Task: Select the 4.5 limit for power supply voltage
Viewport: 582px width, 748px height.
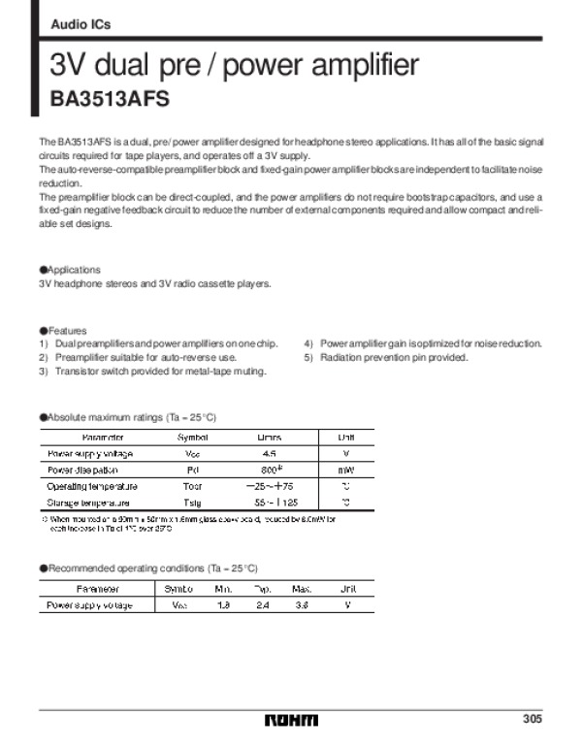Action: tap(269, 453)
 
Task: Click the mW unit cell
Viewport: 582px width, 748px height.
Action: tap(346, 470)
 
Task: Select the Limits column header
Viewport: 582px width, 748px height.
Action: tap(269, 437)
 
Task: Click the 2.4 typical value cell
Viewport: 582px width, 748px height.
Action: tap(262, 605)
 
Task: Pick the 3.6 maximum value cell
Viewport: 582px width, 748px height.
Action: tap(302, 605)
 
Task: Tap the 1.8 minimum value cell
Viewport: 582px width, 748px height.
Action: tap(222, 605)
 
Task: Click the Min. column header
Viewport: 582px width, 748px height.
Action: tap(222, 589)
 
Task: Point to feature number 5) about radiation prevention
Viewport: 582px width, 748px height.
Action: tap(386, 357)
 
